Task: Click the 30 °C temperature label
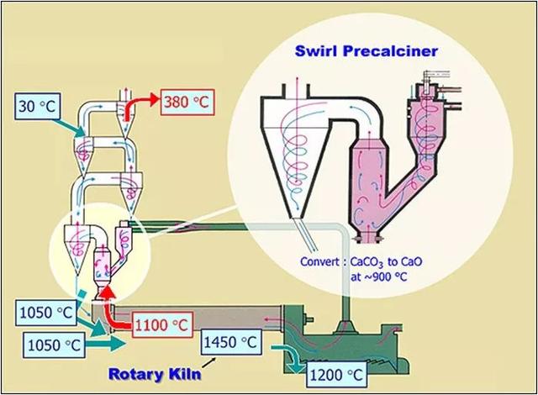tap(37, 106)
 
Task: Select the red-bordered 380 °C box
tap(187, 102)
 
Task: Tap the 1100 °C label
tap(161, 324)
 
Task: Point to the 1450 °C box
tap(231, 342)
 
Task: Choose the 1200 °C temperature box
tap(336, 375)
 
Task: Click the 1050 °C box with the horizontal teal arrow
tap(55, 345)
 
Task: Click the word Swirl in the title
tap(316, 51)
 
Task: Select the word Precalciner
tap(390, 51)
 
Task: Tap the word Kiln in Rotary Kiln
tap(184, 373)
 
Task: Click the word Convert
tap(320, 261)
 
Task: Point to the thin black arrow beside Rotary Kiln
tap(209, 363)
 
